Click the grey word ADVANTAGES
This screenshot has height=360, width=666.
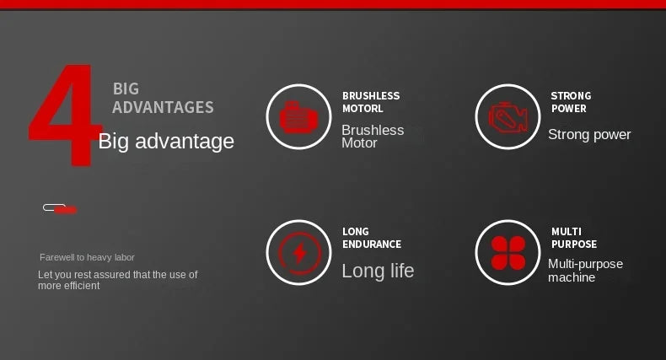point(163,107)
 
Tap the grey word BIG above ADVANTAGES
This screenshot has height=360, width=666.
point(126,89)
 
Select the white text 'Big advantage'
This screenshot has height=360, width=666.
point(166,141)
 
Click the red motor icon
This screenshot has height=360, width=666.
point(298,117)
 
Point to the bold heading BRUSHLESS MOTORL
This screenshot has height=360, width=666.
point(371,102)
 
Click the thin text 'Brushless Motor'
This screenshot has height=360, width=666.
point(373,137)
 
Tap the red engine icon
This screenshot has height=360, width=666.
point(508,117)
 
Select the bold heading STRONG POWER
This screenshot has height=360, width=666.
point(571,102)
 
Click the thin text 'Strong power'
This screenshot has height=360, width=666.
point(589,135)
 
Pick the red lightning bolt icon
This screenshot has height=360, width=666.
point(300,253)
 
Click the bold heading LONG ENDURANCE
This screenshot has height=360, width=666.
point(372,238)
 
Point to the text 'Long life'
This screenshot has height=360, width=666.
point(378,271)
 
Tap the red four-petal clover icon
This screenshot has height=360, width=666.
point(508,253)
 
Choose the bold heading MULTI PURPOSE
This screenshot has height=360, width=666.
point(574,238)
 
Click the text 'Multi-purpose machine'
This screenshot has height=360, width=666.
point(585,271)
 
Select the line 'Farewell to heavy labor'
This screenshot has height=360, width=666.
point(87,257)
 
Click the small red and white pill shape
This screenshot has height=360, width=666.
point(60,209)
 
